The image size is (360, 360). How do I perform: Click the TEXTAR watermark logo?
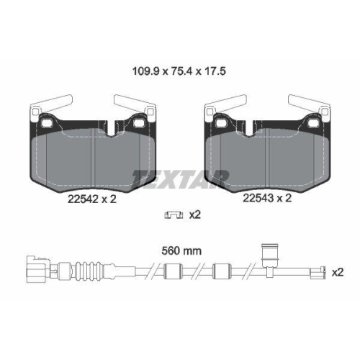point(180,176)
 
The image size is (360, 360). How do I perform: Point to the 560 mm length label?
point(180,251)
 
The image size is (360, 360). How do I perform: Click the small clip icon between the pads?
point(172,215)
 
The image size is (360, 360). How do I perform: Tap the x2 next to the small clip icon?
point(194,215)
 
